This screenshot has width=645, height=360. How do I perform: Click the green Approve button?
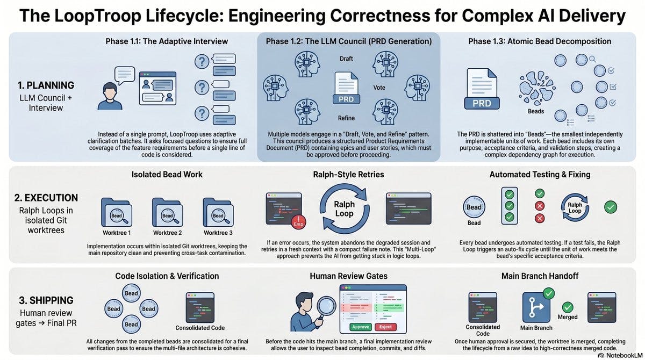point(361,327)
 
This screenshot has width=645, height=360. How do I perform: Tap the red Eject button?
point(385,327)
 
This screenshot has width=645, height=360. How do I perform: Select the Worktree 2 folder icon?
point(167,212)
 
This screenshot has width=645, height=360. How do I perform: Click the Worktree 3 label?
point(218,233)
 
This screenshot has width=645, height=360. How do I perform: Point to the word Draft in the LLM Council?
point(346,59)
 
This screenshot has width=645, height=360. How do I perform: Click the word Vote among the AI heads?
point(379,88)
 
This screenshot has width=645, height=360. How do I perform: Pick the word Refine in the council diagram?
point(346,118)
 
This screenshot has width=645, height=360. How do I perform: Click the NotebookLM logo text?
point(623,355)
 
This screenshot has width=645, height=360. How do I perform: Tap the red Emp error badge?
point(298,222)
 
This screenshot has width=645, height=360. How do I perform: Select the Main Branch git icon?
point(536,308)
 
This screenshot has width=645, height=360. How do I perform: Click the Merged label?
point(568,317)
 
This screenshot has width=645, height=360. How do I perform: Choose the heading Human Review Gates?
point(348,276)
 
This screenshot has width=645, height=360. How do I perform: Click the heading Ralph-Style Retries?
point(348,175)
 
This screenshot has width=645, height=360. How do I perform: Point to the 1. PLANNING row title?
point(46,85)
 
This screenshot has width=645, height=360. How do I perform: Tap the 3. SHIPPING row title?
point(46,300)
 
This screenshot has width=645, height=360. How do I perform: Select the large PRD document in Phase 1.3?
point(482,88)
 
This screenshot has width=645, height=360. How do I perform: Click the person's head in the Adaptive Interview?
point(110,91)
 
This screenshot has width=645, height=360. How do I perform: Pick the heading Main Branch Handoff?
point(540,276)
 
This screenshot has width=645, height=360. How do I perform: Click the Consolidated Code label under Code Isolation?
point(200,328)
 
